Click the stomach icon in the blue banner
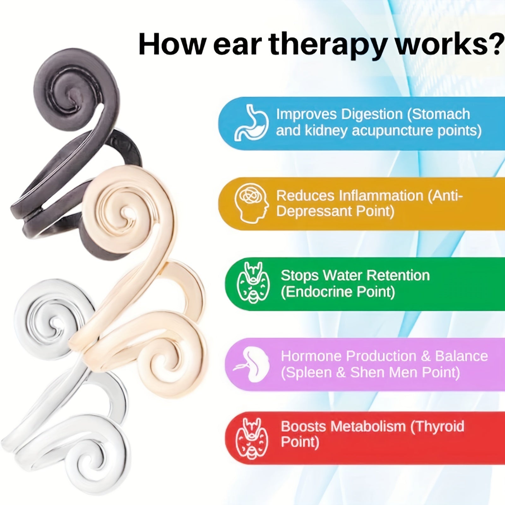click(252, 122)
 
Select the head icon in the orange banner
click(252, 203)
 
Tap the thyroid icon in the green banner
click(253, 283)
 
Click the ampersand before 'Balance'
click(426, 356)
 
